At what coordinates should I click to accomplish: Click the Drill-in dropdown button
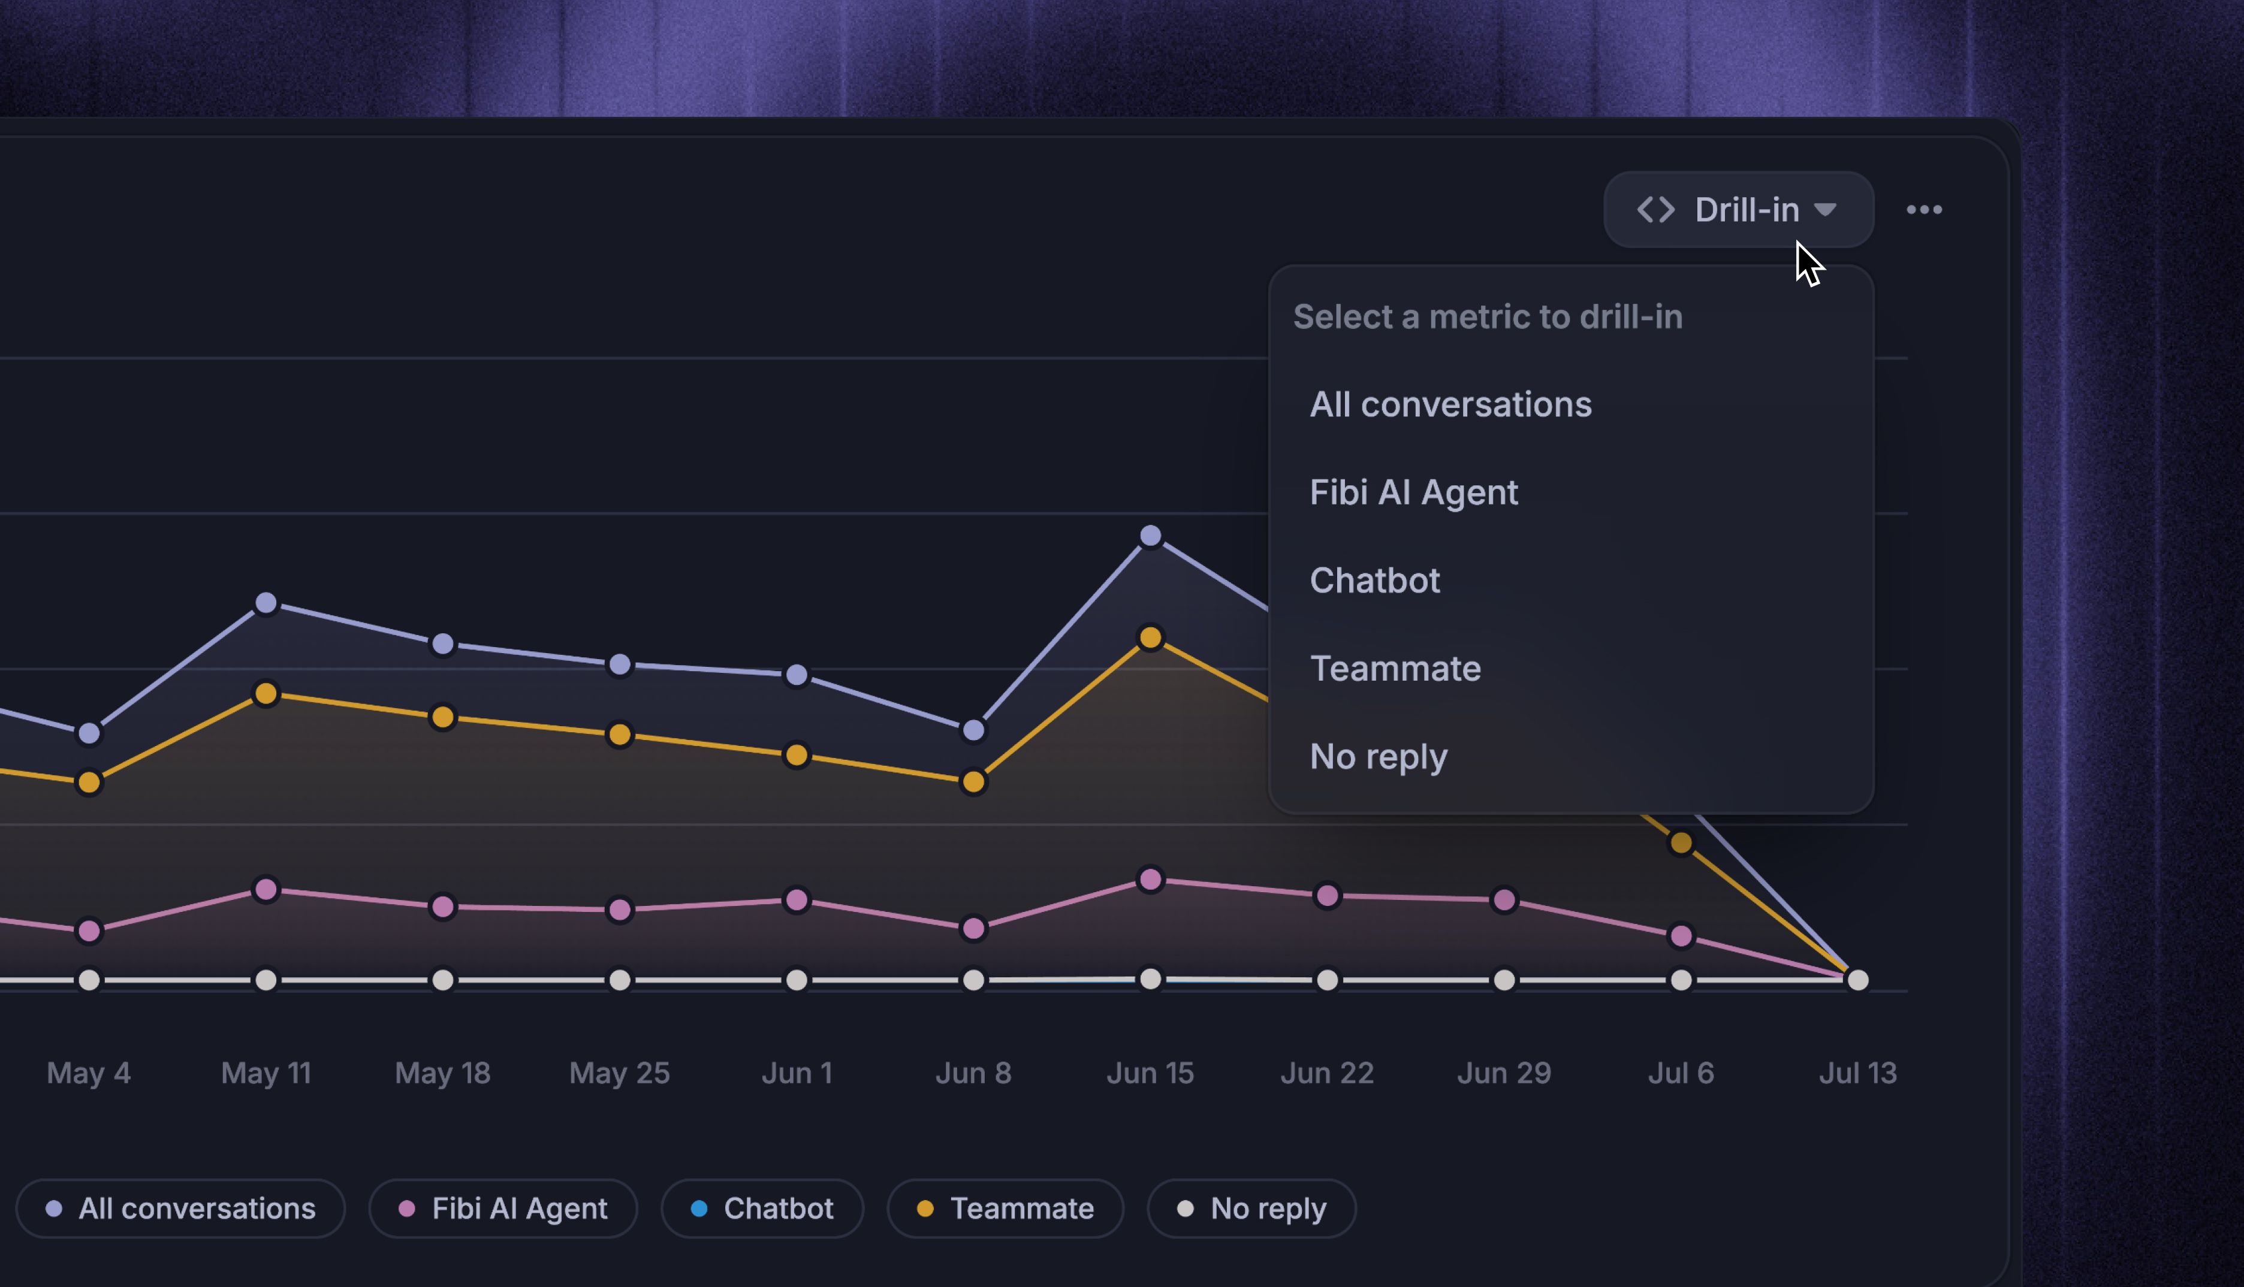point(1738,210)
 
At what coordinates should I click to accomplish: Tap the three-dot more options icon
point(1924,210)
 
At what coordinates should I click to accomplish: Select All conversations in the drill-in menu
point(1450,404)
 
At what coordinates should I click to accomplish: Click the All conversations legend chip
point(180,1209)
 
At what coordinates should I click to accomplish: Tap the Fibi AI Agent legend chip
point(503,1209)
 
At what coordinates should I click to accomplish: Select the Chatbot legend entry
point(762,1209)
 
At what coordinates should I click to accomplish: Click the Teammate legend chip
point(1005,1209)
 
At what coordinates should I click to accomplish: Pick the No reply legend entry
point(1251,1209)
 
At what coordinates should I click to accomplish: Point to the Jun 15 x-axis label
point(1150,1073)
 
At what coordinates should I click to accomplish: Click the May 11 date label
point(266,1073)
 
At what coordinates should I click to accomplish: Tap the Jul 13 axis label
point(1857,1073)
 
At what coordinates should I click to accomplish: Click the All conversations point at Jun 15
point(1150,536)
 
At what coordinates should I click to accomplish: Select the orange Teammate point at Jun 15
point(1150,638)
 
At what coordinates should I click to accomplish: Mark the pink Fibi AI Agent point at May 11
point(266,889)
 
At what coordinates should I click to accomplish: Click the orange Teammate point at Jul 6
point(1681,843)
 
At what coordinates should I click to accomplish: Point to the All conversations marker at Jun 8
point(973,730)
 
